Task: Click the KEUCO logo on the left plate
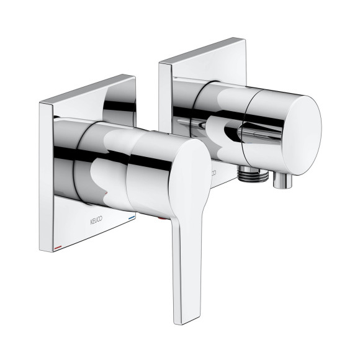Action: click(x=96, y=220)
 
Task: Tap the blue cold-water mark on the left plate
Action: click(x=132, y=217)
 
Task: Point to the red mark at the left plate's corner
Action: click(x=58, y=248)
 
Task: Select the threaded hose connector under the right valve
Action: click(x=253, y=174)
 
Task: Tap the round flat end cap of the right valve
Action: click(x=302, y=135)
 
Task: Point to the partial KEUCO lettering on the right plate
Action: click(x=213, y=172)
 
